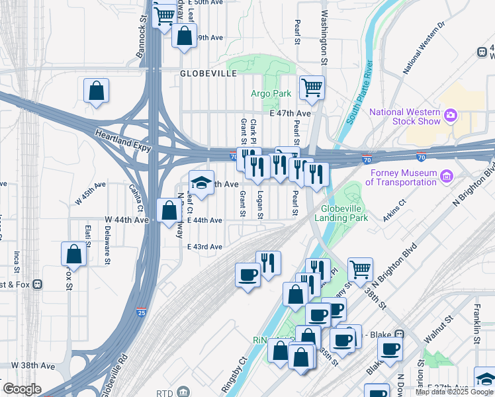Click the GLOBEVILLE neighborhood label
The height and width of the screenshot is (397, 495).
click(x=208, y=74)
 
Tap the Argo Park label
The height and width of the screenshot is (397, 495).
click(x=271, y=95)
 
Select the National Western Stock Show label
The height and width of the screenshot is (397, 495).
click(x=405, y=116)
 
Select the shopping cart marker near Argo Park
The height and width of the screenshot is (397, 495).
click(x=312, y=87)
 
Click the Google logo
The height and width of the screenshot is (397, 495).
click(x=22, y=389)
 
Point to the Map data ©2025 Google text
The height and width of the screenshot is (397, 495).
click(x=454, y=392)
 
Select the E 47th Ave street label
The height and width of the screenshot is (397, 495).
click(x=291, y=114)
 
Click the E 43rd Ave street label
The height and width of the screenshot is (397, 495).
click(x=204, y=247)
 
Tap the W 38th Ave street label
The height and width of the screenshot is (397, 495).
click(x=33, y=365)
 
